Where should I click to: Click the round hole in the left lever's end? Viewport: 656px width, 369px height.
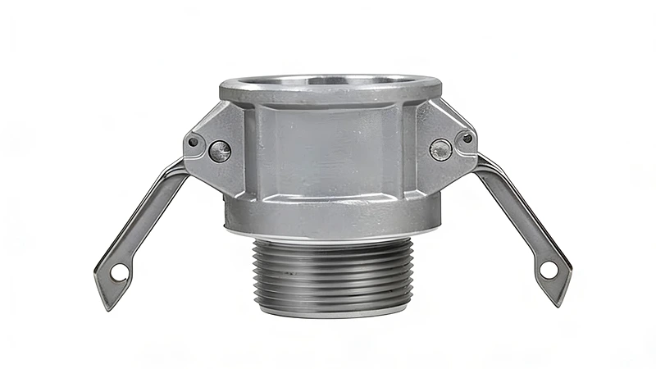click(x=119, y=273)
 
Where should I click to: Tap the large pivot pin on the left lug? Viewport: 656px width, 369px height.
click(x=220, y=150)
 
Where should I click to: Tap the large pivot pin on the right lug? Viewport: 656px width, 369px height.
click(x=440, y=149)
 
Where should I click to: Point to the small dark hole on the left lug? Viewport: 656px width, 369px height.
click(x=194, y=141)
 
